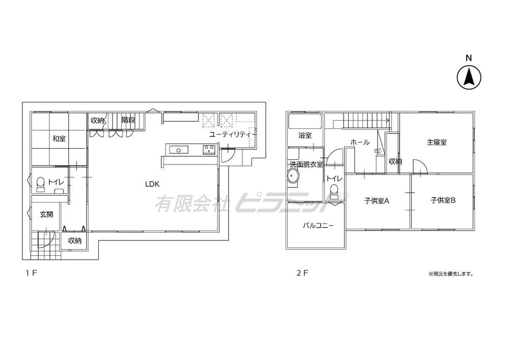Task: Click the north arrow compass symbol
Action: [469, 78]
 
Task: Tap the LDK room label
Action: [152, 184]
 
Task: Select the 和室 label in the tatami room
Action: [59, 139]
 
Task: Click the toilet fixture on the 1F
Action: [41, 184]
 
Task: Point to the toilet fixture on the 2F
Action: [334, 190]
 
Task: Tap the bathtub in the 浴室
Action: [305, 121]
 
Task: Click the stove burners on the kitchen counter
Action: [209, 150]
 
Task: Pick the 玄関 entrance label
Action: [46, 214]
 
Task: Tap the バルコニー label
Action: [318, 226]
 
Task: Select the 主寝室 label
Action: [436, 142]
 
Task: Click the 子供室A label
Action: [377, 201]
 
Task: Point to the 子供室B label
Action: [443, 200]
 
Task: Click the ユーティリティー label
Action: [233, 134]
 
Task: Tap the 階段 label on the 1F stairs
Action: [128, 120]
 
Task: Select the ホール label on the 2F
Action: [360, 142]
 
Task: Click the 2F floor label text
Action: [302, 273]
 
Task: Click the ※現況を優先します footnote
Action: [450, 274]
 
